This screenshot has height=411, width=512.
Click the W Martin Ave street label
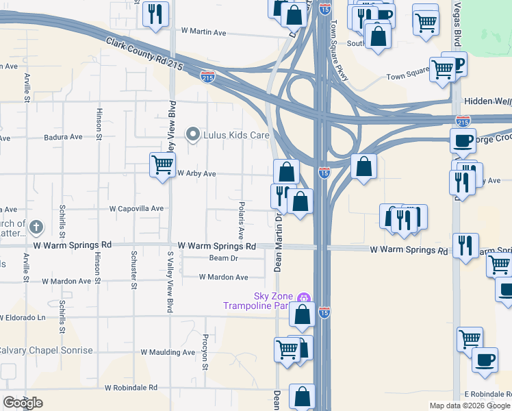pyautogui.click(x=203, y=32)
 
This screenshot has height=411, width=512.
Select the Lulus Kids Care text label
pyautogui.click(x=237, y=135)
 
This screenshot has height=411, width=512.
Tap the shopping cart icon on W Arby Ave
pyautogui.click(x=163, y=164)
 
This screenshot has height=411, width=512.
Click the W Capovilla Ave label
pyautogui.click(x=137, y=208)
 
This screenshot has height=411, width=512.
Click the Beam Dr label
pyautogui.click(x=223, y=258)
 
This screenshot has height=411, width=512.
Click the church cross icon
pyautogui.click(x=37, y=227)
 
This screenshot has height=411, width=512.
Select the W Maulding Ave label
pyautogui.click(x=168, y=352)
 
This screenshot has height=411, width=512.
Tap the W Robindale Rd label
pyautogui.click(x=131, y=388)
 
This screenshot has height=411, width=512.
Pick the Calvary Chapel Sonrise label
pyautogui.click(x=45, y=350)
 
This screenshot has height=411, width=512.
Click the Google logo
pyautogui.click(x=23, y=403)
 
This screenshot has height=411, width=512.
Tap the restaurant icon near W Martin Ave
pyautogui.click(x=156, y=13)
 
